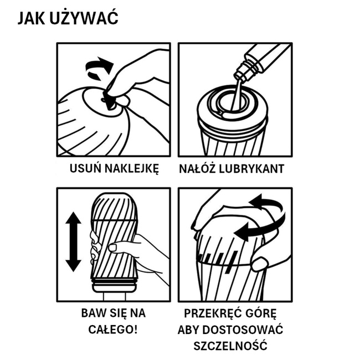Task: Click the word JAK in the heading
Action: click(x=31, y=18)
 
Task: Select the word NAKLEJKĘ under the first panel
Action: click(x=132, y=169)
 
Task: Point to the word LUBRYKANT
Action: click(x=251, y=169)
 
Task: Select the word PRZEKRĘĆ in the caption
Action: click(x=210, y=313)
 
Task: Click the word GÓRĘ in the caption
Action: click(x=258, y=313)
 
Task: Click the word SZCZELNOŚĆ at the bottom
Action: click(x=230, y=345)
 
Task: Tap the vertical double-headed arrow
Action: click(x=74, y=242)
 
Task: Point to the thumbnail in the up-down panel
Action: click(x=113, y=248)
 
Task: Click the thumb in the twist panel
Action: click(x=260, y=264)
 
